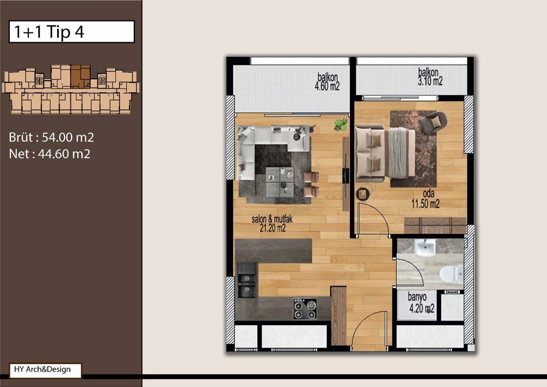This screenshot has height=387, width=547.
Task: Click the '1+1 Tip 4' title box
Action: point(71,32)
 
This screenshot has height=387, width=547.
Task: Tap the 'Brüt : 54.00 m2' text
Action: point(51,137)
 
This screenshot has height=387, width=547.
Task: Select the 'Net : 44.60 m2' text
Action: point(50,154)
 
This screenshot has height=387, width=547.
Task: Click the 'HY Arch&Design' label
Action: point(45,370)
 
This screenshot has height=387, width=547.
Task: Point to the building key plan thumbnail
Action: point(71,89)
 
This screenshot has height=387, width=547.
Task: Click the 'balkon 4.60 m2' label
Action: point(328,82)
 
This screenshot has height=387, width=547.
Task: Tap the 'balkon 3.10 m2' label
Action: point(430,77)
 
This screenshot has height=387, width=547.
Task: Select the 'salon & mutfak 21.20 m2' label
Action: point(272,224)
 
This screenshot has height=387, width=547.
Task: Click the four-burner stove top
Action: point(305,308)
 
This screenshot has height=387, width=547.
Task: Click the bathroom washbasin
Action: point(424,247)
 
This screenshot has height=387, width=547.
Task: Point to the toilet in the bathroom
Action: point(452,274)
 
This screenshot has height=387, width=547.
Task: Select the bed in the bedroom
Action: point(385,153)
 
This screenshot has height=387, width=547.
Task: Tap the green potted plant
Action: point(341,124)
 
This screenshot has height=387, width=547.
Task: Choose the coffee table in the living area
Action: point(279,182)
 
